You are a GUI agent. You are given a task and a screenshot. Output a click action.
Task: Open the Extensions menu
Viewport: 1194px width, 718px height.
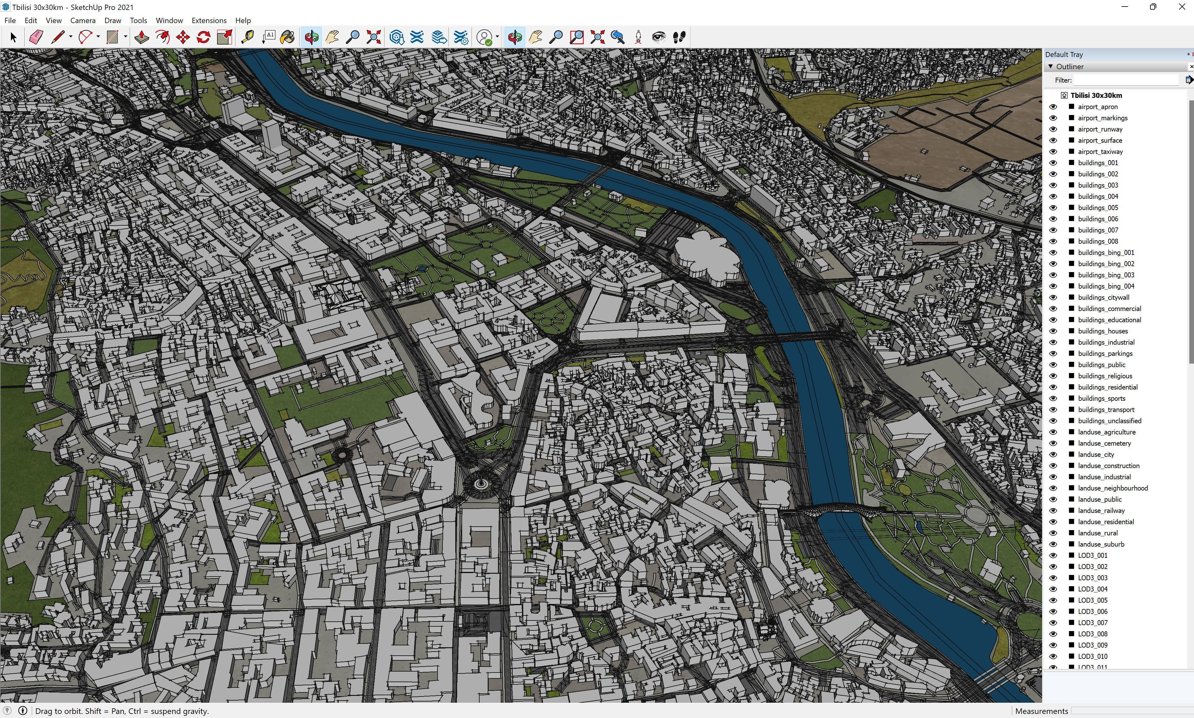[209, 20]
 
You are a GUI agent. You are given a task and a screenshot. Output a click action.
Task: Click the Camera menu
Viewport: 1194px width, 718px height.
[83, 20]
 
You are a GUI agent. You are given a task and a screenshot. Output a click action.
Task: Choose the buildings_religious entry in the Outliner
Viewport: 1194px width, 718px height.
[1105, 376]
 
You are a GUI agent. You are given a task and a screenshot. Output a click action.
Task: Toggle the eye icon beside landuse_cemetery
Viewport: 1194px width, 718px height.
[1053, 443]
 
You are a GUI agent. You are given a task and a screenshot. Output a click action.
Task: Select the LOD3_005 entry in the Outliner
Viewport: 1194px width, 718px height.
[1092, 600]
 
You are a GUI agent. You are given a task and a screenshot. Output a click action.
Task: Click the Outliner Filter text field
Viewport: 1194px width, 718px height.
[1126, 80]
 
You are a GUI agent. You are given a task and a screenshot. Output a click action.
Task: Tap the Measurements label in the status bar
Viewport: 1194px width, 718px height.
[1041, 711]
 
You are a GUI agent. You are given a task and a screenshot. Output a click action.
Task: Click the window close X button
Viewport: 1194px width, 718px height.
[1182, 7]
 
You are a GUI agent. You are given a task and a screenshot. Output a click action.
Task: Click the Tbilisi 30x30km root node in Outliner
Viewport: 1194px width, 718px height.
[1096, 95]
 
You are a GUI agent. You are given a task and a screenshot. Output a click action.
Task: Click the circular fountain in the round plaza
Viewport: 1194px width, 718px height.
[481, 483]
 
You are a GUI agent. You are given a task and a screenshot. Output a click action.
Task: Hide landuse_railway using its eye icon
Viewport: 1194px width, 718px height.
[1053, 510]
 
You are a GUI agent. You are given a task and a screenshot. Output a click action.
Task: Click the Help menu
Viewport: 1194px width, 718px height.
[243, 20]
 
